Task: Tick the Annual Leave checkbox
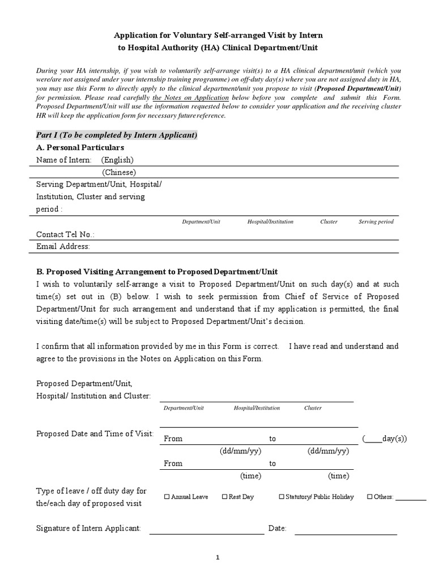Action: [x=167, y=497]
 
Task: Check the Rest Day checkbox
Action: [x=224, y=497]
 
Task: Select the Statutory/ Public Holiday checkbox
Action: [x=282, y=497]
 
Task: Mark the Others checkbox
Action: [x=370, y=497]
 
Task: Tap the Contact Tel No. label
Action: [x=65, y=234]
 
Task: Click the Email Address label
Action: [x=63, y=246]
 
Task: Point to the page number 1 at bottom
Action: [x=217, y=558]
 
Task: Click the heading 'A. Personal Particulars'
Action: [x=80, y=148]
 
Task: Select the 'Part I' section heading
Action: [x=117, y=135]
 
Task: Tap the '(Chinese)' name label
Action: [x=119, y=172]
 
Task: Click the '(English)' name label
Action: [x=118, y=160]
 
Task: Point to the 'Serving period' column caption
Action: [x=376, y=222]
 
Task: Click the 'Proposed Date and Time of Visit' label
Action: [x=95, y=434]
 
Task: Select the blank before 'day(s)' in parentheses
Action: [x=373, y=439]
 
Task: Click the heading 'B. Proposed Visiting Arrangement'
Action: [x=157, y=272]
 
